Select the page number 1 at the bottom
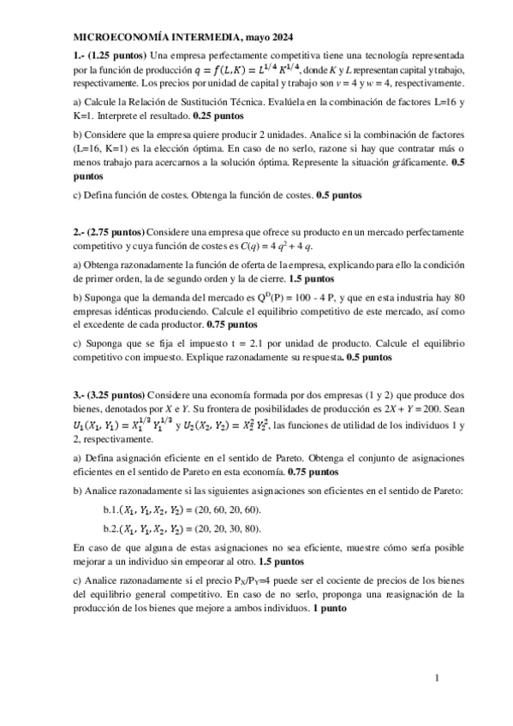tap(437, 679)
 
